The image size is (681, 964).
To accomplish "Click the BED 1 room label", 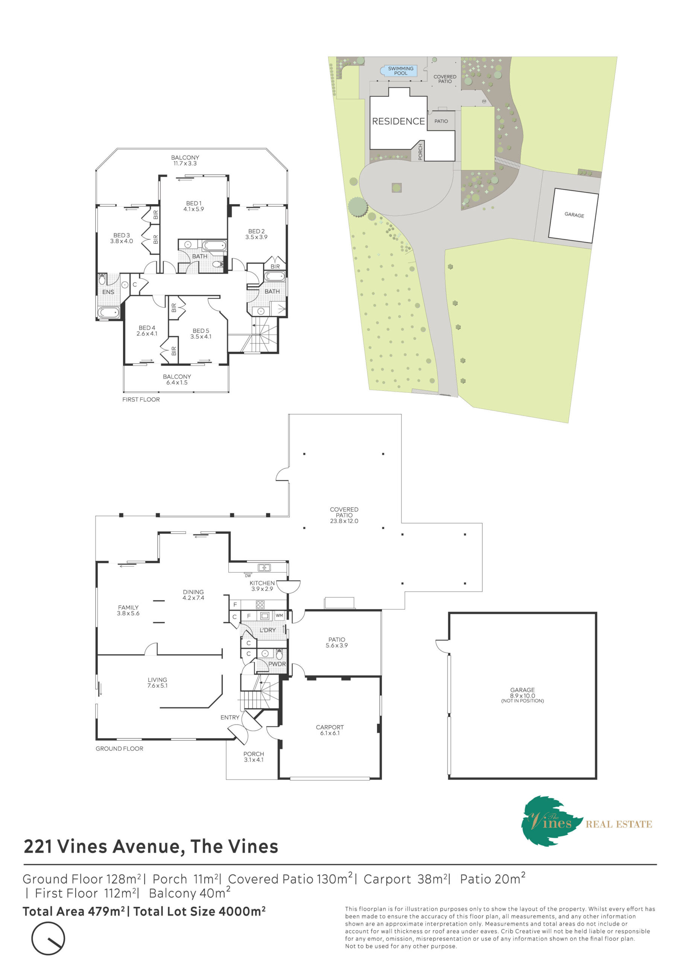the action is click(x=193, y=206).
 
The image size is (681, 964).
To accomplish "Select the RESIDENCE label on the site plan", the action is click(x=398, y=121).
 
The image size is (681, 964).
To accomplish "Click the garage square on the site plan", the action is click(x=574, y=215).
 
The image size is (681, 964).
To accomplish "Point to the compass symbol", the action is click(x=48, y=938).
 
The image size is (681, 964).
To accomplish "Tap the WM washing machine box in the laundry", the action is click(x=279, y=616).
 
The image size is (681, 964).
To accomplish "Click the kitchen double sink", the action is click(x=264, y=567).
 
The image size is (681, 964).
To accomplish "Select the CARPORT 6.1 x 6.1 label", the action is click(x=330, y=730).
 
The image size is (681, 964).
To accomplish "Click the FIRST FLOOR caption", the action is click(x=141, y=399).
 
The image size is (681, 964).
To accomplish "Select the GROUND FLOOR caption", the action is click(x=119, y=749).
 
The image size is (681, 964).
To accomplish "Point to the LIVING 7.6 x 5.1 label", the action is click(x=157, y=683).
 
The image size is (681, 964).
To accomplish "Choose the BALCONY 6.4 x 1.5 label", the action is click(x=177, y=380).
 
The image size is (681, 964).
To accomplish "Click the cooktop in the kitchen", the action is click(x=260, y=605).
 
